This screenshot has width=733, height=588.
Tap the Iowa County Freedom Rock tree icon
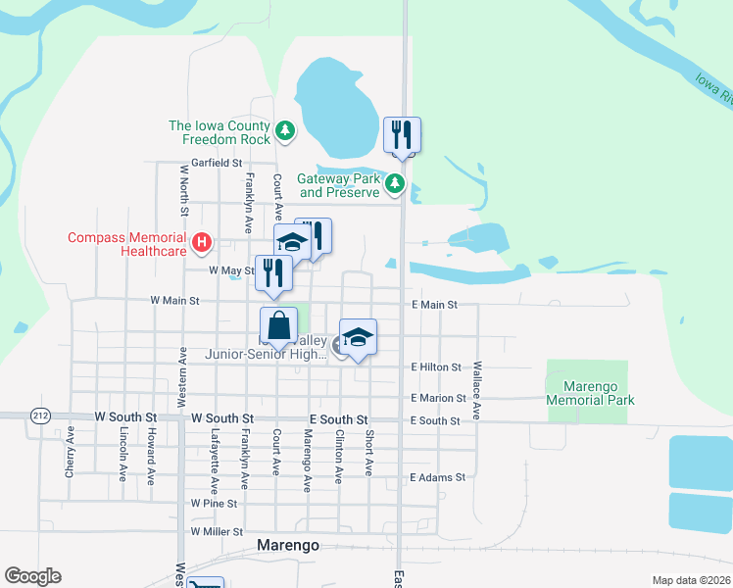point(284,129)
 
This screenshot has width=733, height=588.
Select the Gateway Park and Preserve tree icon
point(394,182)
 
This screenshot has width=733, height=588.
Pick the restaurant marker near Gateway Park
point(402,135)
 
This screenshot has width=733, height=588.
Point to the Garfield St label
point(217,162)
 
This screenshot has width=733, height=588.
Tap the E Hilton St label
point(436,367)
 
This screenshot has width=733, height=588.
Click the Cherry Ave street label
point(70,450)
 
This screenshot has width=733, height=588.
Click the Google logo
point(32,576)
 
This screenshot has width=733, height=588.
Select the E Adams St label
point(437,477)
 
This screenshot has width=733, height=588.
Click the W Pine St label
point(215,503)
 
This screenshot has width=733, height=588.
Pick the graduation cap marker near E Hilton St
point(359,338)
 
